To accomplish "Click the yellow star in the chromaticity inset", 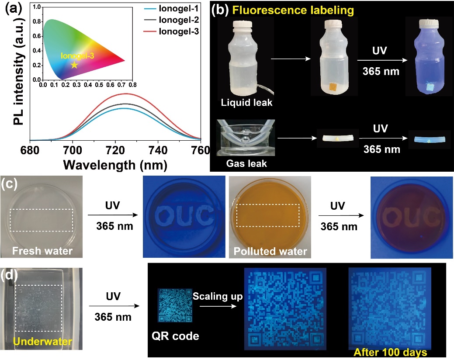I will (75, 65).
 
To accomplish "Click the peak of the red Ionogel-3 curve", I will (126, 93).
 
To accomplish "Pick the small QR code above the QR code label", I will (175, 306).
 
